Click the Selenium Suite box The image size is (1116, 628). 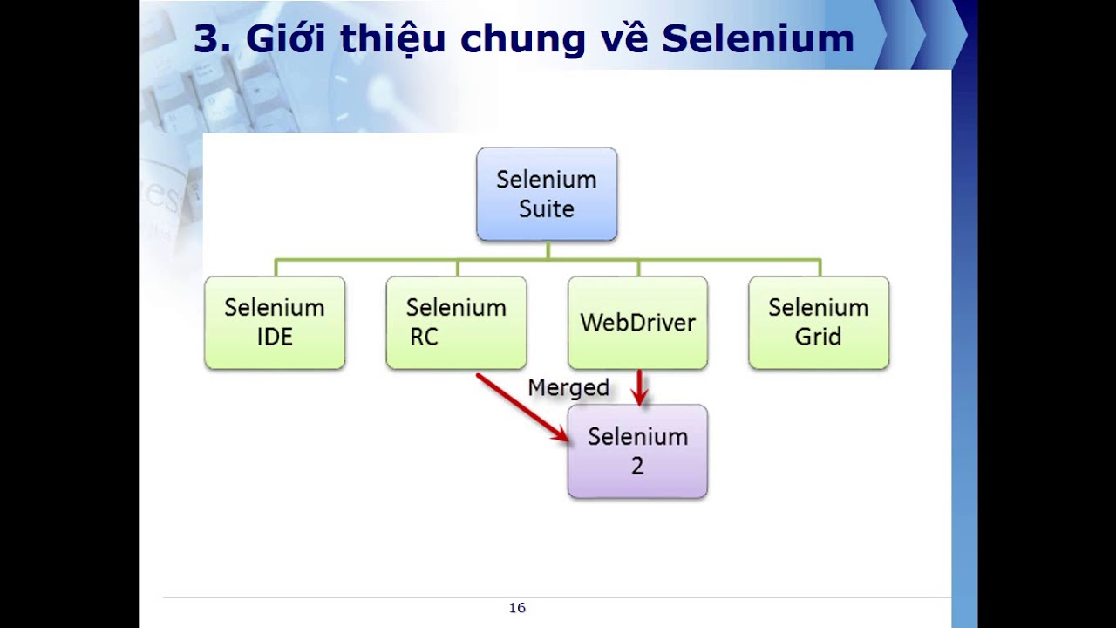(x=547, y=194)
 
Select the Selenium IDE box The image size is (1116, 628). (x=275, y=323)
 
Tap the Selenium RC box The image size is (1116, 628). (x=456, y=323)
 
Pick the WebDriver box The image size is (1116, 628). (x=637, y=323)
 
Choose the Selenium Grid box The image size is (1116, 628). (x=819, y=323)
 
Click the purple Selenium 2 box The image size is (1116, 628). (x=637, y=451)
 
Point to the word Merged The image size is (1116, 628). (x=568, y=387)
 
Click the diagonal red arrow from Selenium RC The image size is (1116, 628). (x=521, y=407)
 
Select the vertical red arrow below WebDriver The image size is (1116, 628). (x=641, y=387)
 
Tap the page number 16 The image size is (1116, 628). (x=517, y=608)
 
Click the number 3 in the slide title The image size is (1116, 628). (x=206, y=39)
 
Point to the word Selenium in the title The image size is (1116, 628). (x=758, y=39)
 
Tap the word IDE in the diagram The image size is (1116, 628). (x=275, y=338)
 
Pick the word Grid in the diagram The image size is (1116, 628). (x=818, y=338)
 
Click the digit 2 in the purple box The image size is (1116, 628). (x=637, y=467)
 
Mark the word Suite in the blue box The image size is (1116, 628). (x=547, y=209)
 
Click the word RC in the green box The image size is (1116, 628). (x=425, y=338)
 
